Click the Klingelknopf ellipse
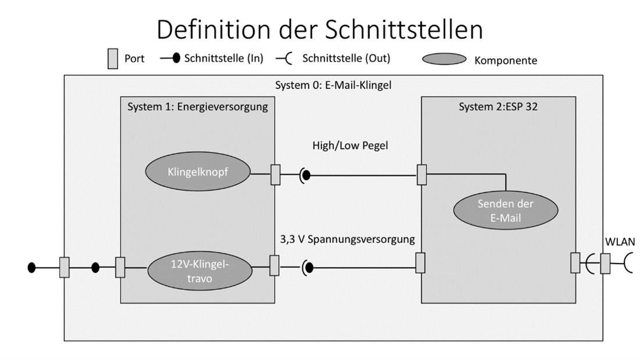[197, 173]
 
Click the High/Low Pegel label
[350, 145]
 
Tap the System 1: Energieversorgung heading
[197, 106]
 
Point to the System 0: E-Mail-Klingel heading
[333, 85]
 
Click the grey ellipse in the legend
[443, 59]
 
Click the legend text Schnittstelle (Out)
[346, 59]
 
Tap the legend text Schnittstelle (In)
[223, 59]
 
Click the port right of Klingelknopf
[276, 174]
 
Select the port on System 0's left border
[65, 268]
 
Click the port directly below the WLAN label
[606, 263]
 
